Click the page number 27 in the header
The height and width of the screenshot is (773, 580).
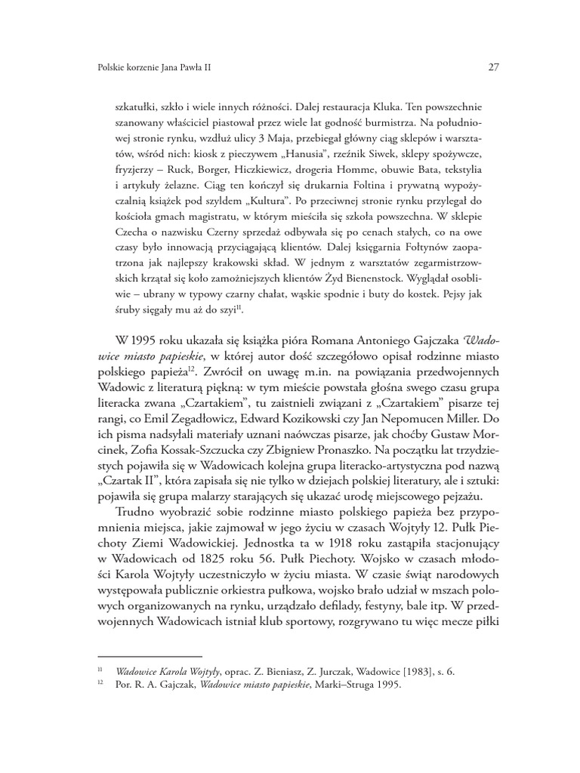[x=493, y=66]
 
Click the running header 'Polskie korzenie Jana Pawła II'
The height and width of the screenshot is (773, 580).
[x=150, y=66]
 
